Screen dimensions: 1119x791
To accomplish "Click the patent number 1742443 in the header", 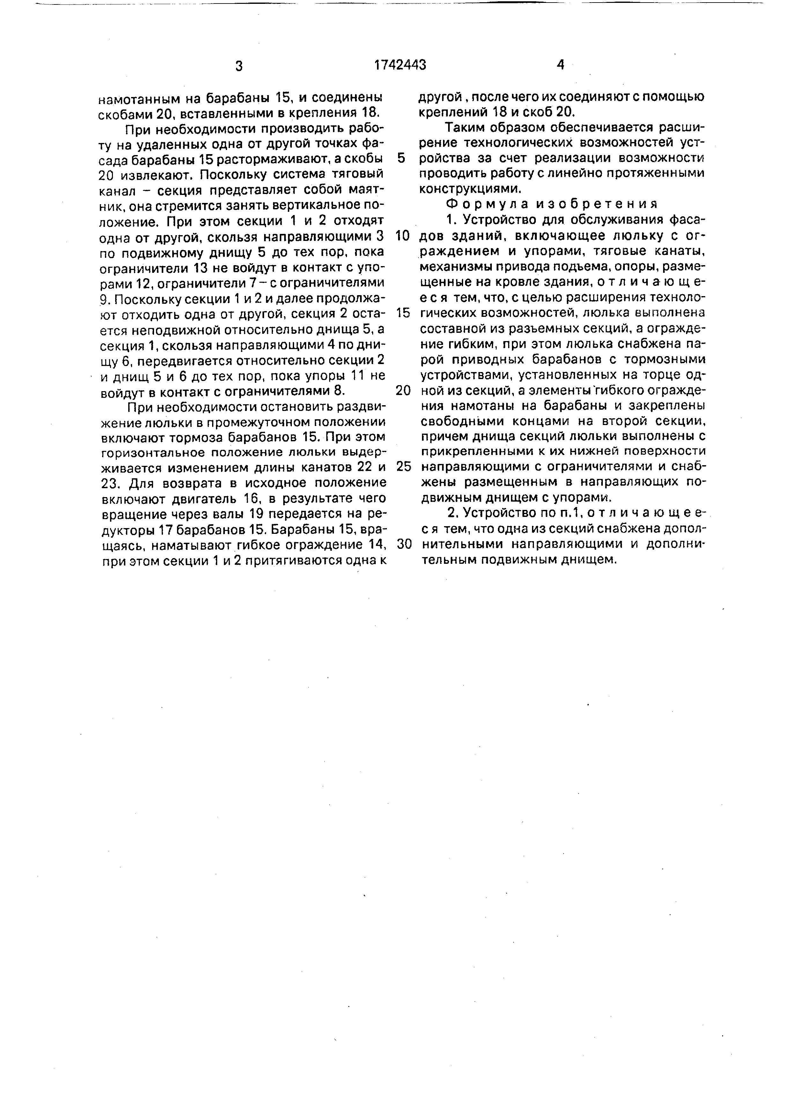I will (x=400, y=65).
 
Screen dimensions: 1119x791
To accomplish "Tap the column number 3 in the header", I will (x=239, y=66).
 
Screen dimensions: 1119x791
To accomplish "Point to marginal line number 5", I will (x=401, y=158).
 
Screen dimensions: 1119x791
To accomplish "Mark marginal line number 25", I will (x=403, y=466).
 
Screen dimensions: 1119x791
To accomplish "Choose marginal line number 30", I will (x=404, y=544).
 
